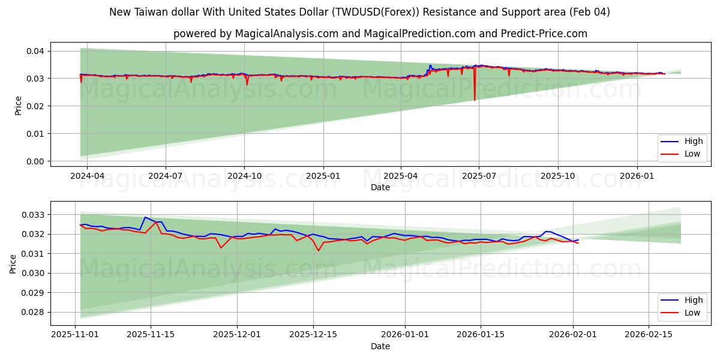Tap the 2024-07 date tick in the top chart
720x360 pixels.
point(166,176)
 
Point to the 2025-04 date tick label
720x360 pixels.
point(401,176)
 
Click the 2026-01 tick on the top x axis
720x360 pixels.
point(637,176)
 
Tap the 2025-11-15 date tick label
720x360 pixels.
point(150,335)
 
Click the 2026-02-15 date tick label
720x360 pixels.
point(649,335)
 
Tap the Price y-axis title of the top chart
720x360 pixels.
point(18,106)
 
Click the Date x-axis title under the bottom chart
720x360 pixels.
point(380,346)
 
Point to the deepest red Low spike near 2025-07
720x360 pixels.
point(475,100)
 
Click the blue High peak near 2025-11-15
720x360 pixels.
point(145,217)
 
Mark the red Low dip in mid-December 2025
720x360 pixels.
point(318,250)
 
